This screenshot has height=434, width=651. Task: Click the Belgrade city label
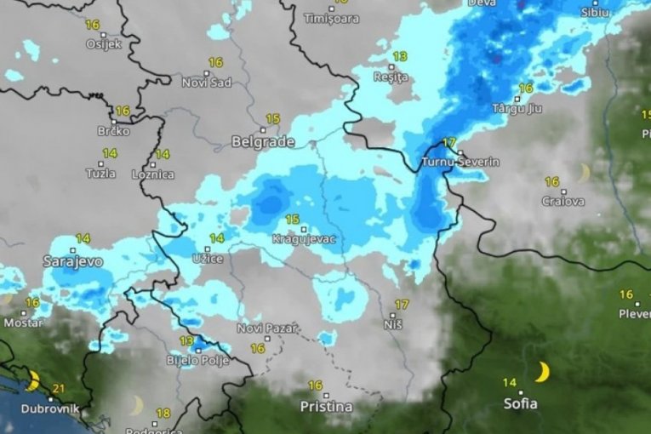click(263, 142)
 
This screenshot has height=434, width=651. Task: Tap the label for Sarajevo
click(72, 261)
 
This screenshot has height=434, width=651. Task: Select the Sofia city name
click(519, 403)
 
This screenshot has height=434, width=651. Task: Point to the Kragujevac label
click(304, 240)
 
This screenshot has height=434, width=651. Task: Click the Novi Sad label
click(207, 82)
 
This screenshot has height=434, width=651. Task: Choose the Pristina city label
click(326, 407)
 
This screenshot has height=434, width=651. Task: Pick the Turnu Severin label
click(460, 162)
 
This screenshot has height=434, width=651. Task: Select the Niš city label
click(392, 324)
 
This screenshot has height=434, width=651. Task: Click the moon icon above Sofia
click(542, 372)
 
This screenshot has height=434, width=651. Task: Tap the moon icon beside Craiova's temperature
click(584, 173)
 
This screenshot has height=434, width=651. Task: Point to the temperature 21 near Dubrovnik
click(59, 389)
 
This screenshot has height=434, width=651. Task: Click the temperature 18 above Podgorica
click(163, 414)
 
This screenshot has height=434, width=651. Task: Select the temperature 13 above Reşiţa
click(399, 56)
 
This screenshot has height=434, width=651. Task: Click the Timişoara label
click(331, 18)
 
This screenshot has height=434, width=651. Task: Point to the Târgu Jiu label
click(517, 109)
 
